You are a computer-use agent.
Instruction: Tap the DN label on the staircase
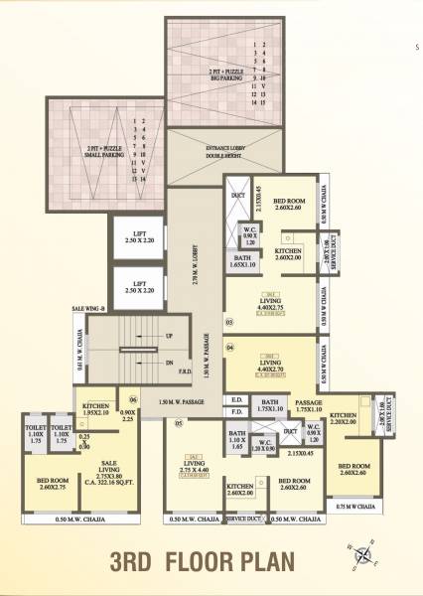(169, 362)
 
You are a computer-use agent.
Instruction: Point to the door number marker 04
(229, 348)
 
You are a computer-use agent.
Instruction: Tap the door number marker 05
(179, 423)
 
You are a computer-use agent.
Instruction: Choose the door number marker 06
(131, 399)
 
